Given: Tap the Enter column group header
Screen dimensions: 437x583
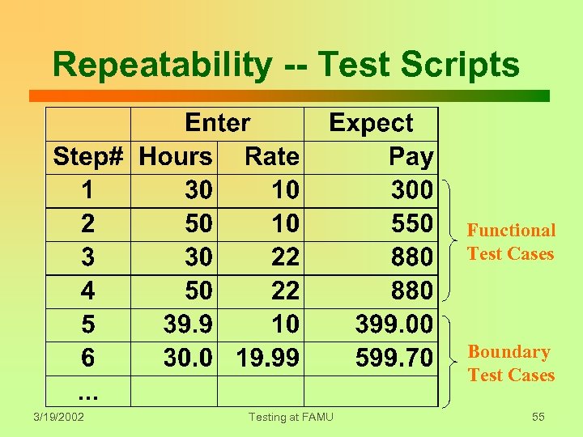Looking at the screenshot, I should click(x=217, y=123).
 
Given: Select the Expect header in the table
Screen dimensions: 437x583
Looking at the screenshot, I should click(x=371, y=123).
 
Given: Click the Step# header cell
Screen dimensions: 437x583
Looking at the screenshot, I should click(x=87, y=156).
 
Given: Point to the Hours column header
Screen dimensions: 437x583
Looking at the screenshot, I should click(x=175, y=156).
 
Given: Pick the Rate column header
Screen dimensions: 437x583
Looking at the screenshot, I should click(x=271, y=156).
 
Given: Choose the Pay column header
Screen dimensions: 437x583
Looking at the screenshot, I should click(x=411, y=156).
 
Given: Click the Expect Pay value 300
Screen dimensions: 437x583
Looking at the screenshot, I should click(x=411, y=190).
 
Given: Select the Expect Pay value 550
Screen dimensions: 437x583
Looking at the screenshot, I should click(x=411, y=223).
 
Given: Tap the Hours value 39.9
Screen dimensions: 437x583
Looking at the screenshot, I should click(x=188, y=324).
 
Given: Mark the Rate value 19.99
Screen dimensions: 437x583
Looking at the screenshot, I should click(x=267, y=357).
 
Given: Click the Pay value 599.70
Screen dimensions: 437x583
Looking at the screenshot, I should click(x=394, y=357).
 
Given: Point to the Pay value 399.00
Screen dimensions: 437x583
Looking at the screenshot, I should click(x=394, y=324).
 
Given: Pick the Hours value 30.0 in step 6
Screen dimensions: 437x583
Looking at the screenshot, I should click(x=188, y=357).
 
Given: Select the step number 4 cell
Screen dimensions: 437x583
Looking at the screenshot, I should click(x=87, y=290).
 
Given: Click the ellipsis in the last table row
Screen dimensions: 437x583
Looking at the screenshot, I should click(x=87, y=392).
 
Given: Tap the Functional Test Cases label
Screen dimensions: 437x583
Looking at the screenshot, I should click(x=511, y=242).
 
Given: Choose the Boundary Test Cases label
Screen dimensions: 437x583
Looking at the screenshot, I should click(x=511, y=363).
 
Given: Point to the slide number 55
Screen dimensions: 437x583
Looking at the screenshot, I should click(x=538, y=417).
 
